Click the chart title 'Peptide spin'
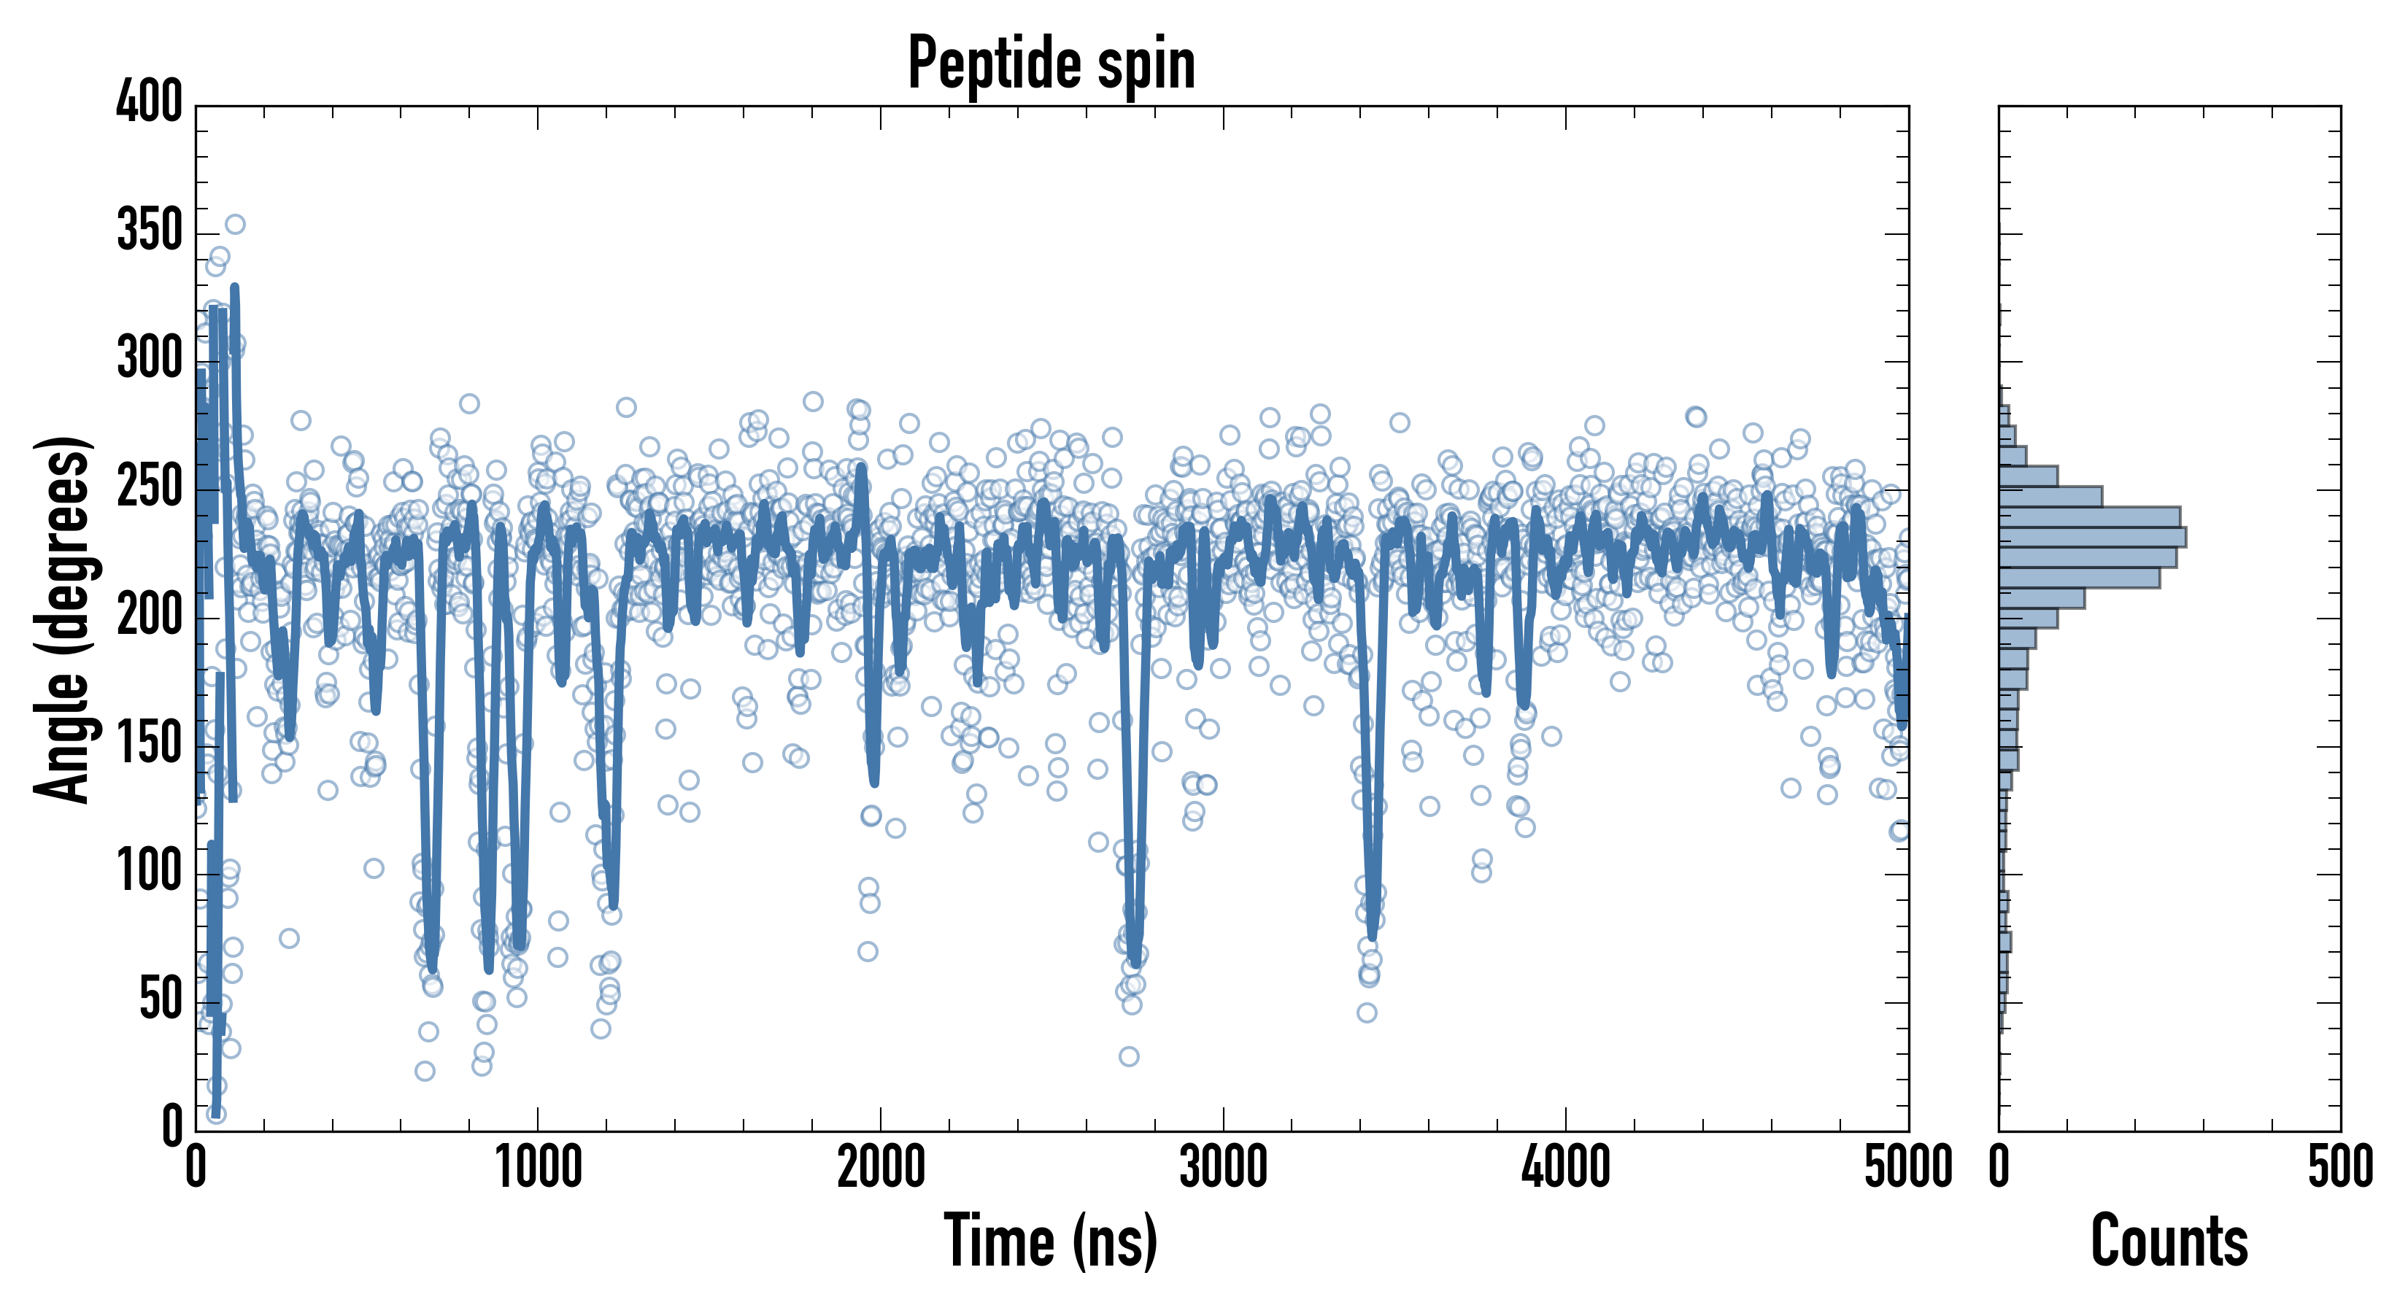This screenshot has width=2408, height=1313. click(x=1051, y=63)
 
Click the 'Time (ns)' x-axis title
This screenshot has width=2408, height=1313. click(x=1051, y=1240)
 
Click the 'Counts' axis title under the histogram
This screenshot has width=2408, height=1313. click(x=2169, y=1240)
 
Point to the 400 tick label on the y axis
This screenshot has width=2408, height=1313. click(x=150, y=101)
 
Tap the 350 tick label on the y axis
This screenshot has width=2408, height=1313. click(x=150, y=230)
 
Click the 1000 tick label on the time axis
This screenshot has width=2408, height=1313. click(x=539, y=1168)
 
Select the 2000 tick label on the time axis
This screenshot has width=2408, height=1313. click(x=881, y=1168)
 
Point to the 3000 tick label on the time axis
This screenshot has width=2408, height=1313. click(x=1223, y=1168)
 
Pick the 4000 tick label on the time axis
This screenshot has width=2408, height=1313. click(x=1566, y=1168)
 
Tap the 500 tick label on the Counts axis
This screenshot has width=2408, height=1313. click(x=2339, y=1168)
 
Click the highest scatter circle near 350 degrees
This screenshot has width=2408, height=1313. click(x=235, y=224)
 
